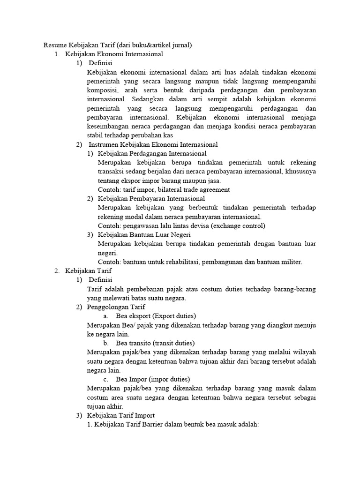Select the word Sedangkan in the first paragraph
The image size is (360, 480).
153,99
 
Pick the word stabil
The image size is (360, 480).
95,135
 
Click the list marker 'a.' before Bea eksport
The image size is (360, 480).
107,316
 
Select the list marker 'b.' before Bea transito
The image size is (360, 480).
107,343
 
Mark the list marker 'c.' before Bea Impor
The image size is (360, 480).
107,379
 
